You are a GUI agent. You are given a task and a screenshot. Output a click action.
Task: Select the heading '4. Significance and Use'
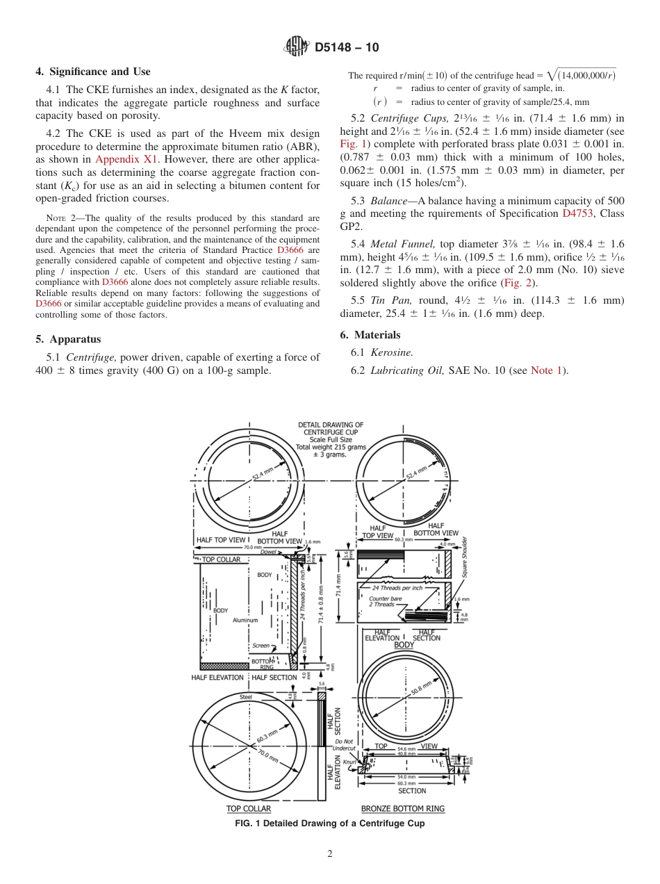point(92,72)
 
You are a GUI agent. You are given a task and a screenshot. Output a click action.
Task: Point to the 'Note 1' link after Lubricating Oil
point(549,370)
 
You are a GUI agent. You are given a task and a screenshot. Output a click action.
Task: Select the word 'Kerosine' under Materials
point(392,352)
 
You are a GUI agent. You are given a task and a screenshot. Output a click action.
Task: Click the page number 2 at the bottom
point(330,854)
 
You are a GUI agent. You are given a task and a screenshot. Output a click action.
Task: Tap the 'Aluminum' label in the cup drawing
point(245,620)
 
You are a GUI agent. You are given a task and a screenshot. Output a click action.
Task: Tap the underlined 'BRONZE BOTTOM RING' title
point(403,808)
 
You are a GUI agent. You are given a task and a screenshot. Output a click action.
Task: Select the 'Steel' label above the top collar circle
point(246,696)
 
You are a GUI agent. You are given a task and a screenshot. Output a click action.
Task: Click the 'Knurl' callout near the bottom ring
point(349,762)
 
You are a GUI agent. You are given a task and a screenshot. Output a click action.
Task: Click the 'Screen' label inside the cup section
point(261,646)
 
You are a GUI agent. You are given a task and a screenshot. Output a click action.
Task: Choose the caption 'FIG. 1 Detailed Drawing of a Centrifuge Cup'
point(330,824)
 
